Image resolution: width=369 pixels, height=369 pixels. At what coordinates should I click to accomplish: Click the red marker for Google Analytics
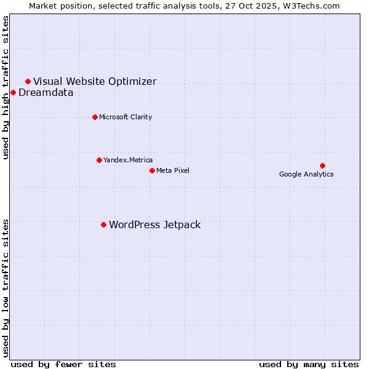pos(322,165)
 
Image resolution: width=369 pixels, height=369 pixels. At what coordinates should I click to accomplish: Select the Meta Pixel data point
pos(152,170)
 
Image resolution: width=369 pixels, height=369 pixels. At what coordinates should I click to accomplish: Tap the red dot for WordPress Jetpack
pos(103,224)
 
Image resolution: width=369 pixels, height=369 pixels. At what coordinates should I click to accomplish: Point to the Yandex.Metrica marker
pos(99,160)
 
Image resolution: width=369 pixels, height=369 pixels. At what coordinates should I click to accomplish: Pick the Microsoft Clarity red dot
pos(95,117)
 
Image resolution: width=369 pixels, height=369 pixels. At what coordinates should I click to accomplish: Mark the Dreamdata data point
pos(13,93)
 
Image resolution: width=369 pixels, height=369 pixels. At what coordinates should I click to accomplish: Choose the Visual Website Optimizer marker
pos(28,81)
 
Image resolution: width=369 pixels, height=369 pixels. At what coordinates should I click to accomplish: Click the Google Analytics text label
pos(306,175)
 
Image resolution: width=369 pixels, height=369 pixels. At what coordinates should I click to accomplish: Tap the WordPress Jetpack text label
pos(154,225)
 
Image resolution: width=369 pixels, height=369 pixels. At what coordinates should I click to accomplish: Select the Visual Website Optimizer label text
pos(95,82)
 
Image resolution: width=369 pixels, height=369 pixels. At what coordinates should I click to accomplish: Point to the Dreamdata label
pos(46,93)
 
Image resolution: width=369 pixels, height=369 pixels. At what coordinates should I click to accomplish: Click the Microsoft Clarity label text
pos(125,117)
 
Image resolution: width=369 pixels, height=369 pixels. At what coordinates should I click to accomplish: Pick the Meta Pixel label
pos(173,171)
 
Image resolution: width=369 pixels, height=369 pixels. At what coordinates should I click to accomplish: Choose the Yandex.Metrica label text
pos(128,161)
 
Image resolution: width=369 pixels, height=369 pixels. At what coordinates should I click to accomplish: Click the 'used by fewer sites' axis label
pos(63,365)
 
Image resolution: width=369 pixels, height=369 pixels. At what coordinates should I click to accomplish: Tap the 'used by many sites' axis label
pos(309,365)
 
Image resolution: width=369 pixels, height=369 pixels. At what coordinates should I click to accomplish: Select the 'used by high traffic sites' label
pos(6,87)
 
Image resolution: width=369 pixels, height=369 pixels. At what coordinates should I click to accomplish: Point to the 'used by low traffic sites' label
pos(6,288)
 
